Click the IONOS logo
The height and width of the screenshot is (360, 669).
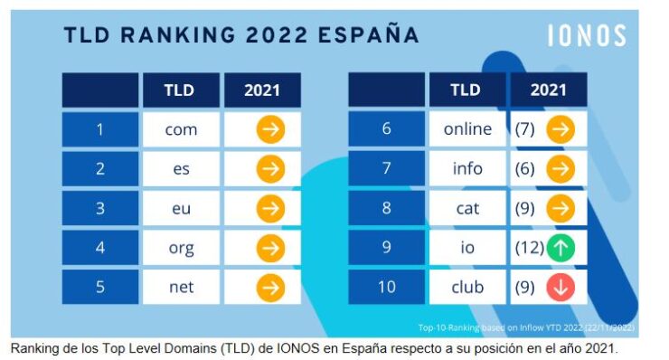point(586,35)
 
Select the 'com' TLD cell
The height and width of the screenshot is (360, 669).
point(181,129)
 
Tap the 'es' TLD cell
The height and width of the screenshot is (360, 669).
point(181,169)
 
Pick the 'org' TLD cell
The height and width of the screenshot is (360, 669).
point(181,248)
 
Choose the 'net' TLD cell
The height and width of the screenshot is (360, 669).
point(181,288)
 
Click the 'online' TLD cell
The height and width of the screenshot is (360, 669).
point(467,129)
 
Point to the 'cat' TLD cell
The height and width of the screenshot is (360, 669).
point(467,208)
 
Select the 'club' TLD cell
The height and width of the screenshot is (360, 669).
point(467,288)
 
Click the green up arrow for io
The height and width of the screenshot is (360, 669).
point(561,248)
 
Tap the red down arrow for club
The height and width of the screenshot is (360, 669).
point(561,288)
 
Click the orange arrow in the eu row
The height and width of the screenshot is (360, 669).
point(269,208)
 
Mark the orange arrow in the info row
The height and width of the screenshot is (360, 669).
point(561,169)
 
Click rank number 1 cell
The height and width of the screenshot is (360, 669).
point(99,129)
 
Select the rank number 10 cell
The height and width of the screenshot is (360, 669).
point(386,288)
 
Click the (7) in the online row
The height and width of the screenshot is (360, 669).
point(525,129)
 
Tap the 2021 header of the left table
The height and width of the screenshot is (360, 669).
point(262,90)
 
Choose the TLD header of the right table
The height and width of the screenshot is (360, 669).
point(466,90)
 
